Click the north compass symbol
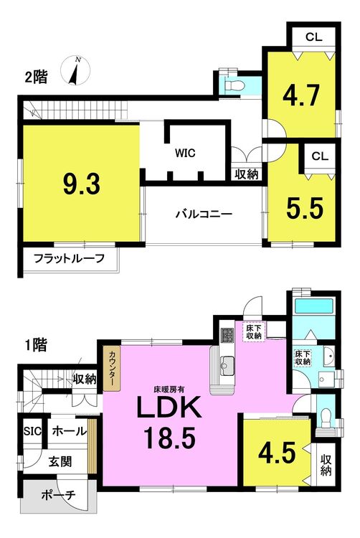tap(75, 71)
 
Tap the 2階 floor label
tap(36, 77)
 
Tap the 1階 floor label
tap(36, 345)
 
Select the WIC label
tap(185, 153)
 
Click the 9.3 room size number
tap(82, 184)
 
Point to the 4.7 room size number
tap(301, 95)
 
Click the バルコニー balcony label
tap(204, 214)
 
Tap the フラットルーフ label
tap(70, 258)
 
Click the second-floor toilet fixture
tap(232, 84)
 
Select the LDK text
tap(169, 407)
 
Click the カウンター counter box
tap(112, 369)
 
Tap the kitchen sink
tap(227, 363)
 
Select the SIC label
tap(32, 431)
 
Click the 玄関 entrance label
tap(60, 461)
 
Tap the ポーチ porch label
tap(58, 495)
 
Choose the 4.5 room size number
tap(277, 453)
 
